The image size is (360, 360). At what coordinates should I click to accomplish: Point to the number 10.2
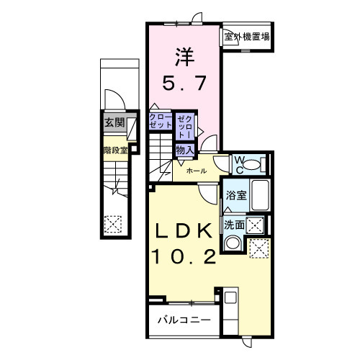183,256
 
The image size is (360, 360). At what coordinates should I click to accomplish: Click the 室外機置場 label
246,36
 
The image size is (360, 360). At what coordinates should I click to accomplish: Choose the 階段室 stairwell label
114,150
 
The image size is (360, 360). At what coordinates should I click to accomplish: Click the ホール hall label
197,171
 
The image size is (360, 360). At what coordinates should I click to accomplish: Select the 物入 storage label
185,150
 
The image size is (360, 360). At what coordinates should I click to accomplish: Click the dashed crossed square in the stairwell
113,225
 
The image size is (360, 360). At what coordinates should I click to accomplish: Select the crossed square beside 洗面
254,224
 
